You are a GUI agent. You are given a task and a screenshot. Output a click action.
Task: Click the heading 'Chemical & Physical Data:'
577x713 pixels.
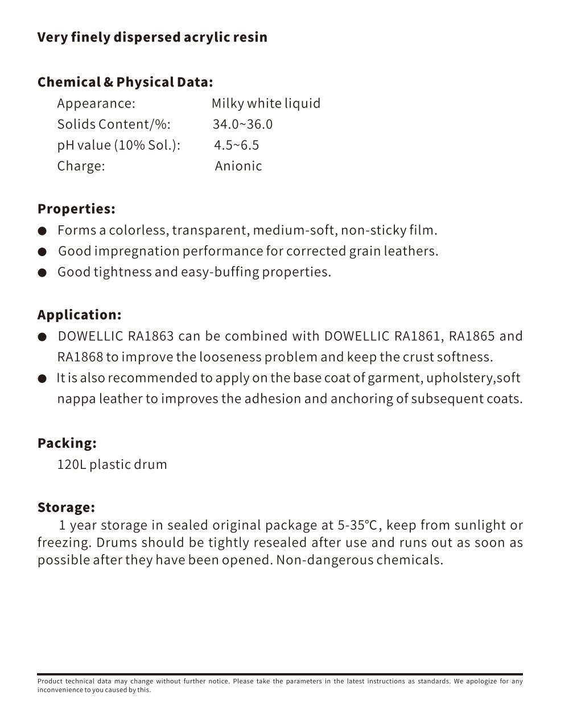125,83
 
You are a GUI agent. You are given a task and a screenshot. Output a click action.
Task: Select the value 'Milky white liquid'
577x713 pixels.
266,104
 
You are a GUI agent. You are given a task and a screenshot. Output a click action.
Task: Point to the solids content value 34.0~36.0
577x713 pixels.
242,125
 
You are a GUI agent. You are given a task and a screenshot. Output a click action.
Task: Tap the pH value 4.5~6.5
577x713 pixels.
236,145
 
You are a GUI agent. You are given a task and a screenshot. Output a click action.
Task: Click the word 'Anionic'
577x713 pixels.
238,166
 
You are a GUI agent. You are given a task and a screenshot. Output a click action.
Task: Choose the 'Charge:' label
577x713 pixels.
81,166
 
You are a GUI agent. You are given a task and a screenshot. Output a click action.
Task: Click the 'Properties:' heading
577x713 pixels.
76,209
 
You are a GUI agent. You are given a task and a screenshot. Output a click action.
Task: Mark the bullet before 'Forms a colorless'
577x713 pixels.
42,231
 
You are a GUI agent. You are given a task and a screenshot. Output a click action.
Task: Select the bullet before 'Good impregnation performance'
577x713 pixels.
42,252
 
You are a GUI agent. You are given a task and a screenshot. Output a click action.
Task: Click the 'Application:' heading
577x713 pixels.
79,315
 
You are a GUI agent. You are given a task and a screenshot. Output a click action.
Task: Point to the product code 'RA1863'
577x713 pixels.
151,336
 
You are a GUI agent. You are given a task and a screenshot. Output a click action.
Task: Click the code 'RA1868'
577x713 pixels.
80,357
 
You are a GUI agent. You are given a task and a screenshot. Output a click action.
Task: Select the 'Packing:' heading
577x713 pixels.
67,443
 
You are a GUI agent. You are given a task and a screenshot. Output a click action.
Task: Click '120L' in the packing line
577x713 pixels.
72,464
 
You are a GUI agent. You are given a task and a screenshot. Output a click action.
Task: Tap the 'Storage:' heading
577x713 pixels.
66,508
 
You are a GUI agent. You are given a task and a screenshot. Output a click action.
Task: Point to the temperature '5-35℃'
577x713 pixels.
357,525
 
